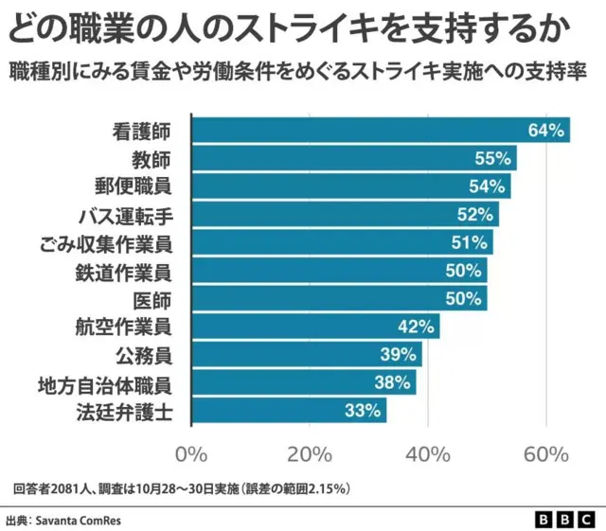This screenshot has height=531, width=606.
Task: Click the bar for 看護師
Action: (379, 130)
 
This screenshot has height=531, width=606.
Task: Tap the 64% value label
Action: (546, 130)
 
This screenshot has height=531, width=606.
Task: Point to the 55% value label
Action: (493, 158)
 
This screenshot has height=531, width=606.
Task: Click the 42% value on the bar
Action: (417, 327)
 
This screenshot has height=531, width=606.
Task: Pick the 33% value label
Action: (363, 411)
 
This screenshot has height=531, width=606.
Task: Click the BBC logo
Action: (564, 520)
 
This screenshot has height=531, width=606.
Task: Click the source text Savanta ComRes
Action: (79, 520)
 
